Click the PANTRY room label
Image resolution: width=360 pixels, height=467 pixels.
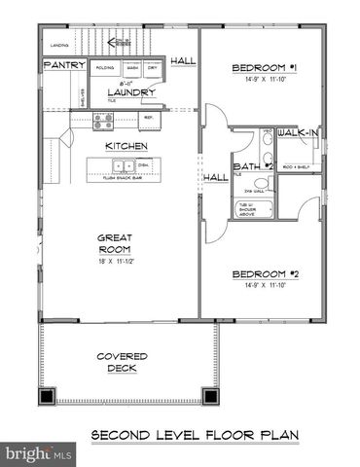(x=64, y=65)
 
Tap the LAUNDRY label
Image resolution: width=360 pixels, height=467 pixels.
(x=133, y=93)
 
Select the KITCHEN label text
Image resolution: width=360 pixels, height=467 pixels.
(x=126, y=146)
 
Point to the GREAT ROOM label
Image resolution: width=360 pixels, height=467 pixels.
(x=114, y=243)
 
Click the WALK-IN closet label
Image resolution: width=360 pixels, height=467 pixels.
(x=296, y=131)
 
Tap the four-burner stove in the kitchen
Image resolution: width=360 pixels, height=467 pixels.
(x=102, y=122)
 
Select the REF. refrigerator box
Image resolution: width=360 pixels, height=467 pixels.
(x=149, y=118)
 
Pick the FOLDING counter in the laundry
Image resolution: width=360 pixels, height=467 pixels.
(x=104, y=69)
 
